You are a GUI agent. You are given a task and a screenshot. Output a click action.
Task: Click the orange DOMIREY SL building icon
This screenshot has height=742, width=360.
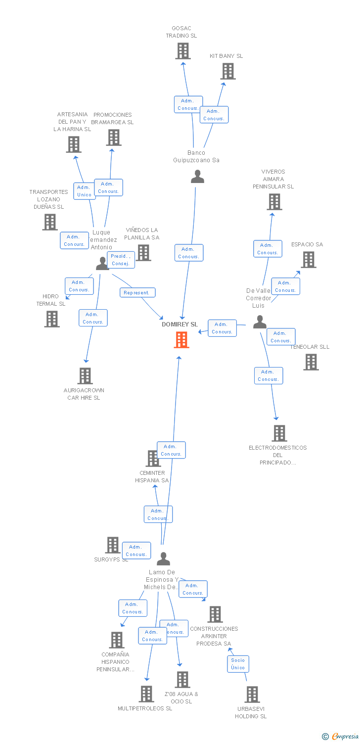181,340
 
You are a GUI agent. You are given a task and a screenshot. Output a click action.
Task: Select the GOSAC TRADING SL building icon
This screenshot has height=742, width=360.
183,51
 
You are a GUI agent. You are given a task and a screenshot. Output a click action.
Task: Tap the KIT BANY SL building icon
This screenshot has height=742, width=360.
227,71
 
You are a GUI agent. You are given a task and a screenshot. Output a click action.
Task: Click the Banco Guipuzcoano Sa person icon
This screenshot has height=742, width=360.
197,177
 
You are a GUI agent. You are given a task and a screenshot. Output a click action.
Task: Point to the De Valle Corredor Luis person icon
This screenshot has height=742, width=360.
260,322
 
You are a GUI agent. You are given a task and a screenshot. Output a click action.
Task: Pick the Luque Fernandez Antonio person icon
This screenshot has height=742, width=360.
102,264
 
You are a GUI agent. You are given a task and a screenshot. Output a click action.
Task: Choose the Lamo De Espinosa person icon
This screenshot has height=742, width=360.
163,559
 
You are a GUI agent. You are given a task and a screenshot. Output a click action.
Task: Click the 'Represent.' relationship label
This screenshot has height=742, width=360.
137,293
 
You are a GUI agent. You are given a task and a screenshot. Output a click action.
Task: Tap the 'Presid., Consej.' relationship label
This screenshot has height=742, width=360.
121,260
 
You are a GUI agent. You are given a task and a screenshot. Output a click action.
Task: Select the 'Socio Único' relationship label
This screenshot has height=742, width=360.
238,664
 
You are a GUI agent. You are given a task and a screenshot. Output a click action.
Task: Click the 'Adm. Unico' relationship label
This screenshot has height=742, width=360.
84,191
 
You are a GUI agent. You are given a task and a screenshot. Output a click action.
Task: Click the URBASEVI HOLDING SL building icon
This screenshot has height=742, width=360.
252,695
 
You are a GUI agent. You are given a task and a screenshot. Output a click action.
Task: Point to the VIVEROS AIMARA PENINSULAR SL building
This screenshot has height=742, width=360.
274,202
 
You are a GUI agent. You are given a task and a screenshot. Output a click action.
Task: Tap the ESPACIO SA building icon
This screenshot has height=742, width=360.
309,260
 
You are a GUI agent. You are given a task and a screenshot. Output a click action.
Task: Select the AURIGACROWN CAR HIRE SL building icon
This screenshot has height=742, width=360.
85,376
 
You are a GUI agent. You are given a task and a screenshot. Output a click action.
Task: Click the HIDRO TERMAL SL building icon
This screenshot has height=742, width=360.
52,319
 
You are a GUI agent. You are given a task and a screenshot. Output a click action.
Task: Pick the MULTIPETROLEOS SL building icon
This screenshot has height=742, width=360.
146,694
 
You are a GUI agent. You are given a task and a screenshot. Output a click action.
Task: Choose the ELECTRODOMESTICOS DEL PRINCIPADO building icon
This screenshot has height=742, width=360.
279,433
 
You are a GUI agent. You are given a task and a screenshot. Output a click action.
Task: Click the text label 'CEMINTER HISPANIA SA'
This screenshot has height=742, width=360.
152,477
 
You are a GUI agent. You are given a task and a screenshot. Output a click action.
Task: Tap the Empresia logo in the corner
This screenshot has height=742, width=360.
340,737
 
